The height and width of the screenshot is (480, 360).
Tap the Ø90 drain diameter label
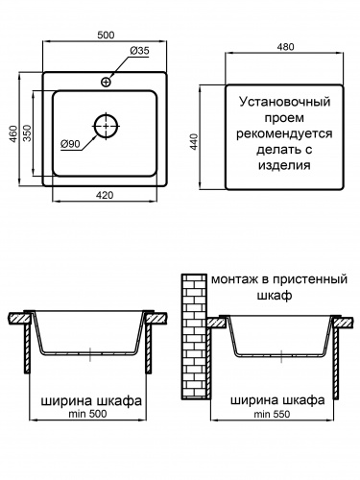69,144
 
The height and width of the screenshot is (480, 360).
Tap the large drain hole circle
107,127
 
